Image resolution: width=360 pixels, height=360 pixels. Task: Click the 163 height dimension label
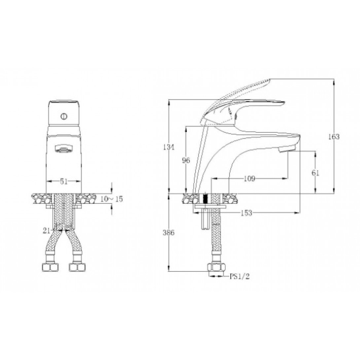coord(334,137)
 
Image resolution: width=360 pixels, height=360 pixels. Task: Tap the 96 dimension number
coord(186,161)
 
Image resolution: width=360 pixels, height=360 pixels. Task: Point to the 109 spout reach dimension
coord(250,178)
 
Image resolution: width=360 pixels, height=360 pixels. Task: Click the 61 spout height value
coord(315,173)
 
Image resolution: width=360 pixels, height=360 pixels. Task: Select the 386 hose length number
coord(169,233)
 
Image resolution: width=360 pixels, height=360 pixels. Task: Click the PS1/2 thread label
coord(240,276)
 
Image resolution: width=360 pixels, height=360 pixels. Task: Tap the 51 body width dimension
coord(64,181)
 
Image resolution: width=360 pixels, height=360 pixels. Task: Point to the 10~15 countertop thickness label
coord(112,199)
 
